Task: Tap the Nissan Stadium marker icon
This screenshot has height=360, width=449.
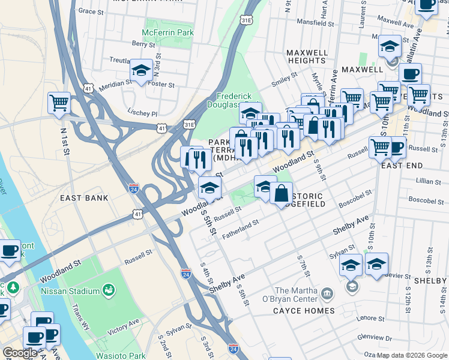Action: point(109,291)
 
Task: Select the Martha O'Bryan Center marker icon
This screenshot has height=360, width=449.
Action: point(327,293)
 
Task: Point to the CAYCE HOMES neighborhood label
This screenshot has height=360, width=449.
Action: point(304,311)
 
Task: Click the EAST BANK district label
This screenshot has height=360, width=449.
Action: point(84,197)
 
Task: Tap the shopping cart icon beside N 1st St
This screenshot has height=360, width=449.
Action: point(59,103)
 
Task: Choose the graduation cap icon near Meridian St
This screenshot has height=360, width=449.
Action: point(141,72)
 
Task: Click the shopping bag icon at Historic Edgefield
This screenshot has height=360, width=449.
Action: point(281,194)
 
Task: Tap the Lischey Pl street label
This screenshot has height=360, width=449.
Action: point(142,113)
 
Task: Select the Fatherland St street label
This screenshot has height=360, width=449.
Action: point(240,230)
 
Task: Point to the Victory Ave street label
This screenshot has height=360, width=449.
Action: point(123,326)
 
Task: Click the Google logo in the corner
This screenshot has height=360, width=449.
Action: point(20,353)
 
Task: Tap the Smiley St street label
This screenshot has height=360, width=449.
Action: point(285,77)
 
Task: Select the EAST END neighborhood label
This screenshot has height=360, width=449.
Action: point(402,165)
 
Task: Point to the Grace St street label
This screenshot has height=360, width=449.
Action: point(91,11)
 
